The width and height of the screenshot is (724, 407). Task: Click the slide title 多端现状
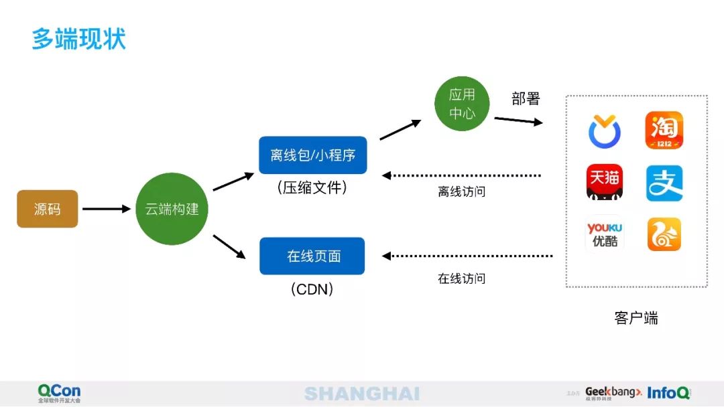tap(79, 38)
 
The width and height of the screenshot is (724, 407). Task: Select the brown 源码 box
tap(48, 209)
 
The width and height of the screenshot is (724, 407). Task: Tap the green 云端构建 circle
tap(172, 209)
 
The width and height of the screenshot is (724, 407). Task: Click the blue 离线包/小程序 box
tap(313, 155)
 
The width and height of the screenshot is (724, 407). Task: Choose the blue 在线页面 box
tap(312, 256)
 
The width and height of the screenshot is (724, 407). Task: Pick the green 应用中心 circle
tap(462, 104)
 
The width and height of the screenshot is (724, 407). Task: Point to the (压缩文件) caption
tap(312, 188)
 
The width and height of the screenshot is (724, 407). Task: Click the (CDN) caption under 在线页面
tap(312, 289)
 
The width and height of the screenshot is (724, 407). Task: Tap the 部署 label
tap(526, 99)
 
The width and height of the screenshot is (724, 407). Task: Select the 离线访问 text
tap(461, 192)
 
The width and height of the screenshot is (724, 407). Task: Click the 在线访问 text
tap(461, 278)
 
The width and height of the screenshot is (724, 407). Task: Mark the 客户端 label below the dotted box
tap(636, 318)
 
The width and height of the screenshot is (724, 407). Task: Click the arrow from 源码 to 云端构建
tap(106, 209)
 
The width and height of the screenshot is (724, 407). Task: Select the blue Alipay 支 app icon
tap(664, 183)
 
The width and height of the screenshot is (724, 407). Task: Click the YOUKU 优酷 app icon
tap(605, 234)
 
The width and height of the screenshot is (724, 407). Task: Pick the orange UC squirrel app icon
tap(664, 234)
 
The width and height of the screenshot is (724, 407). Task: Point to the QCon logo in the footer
tap(59, 393)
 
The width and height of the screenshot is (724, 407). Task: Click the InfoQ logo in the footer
tap(668, 393)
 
